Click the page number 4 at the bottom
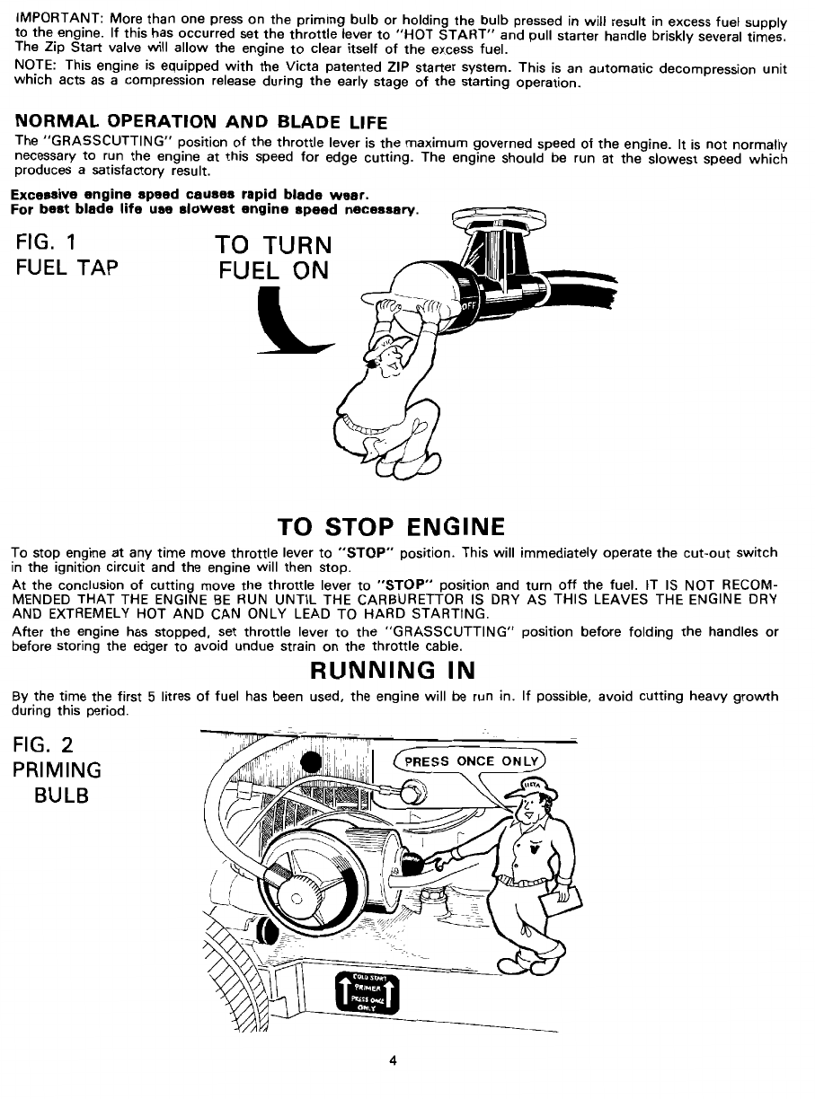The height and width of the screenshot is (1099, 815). (x=393, y=1059)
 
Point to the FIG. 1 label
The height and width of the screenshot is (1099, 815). (x=49, y=243)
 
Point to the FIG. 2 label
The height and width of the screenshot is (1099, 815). (x=49, y=744)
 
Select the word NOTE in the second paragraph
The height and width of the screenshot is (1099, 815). (x=35, y=66)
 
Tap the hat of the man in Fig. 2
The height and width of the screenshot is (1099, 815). (x=536, y=790)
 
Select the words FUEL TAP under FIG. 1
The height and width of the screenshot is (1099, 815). (x=66, y=270)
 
